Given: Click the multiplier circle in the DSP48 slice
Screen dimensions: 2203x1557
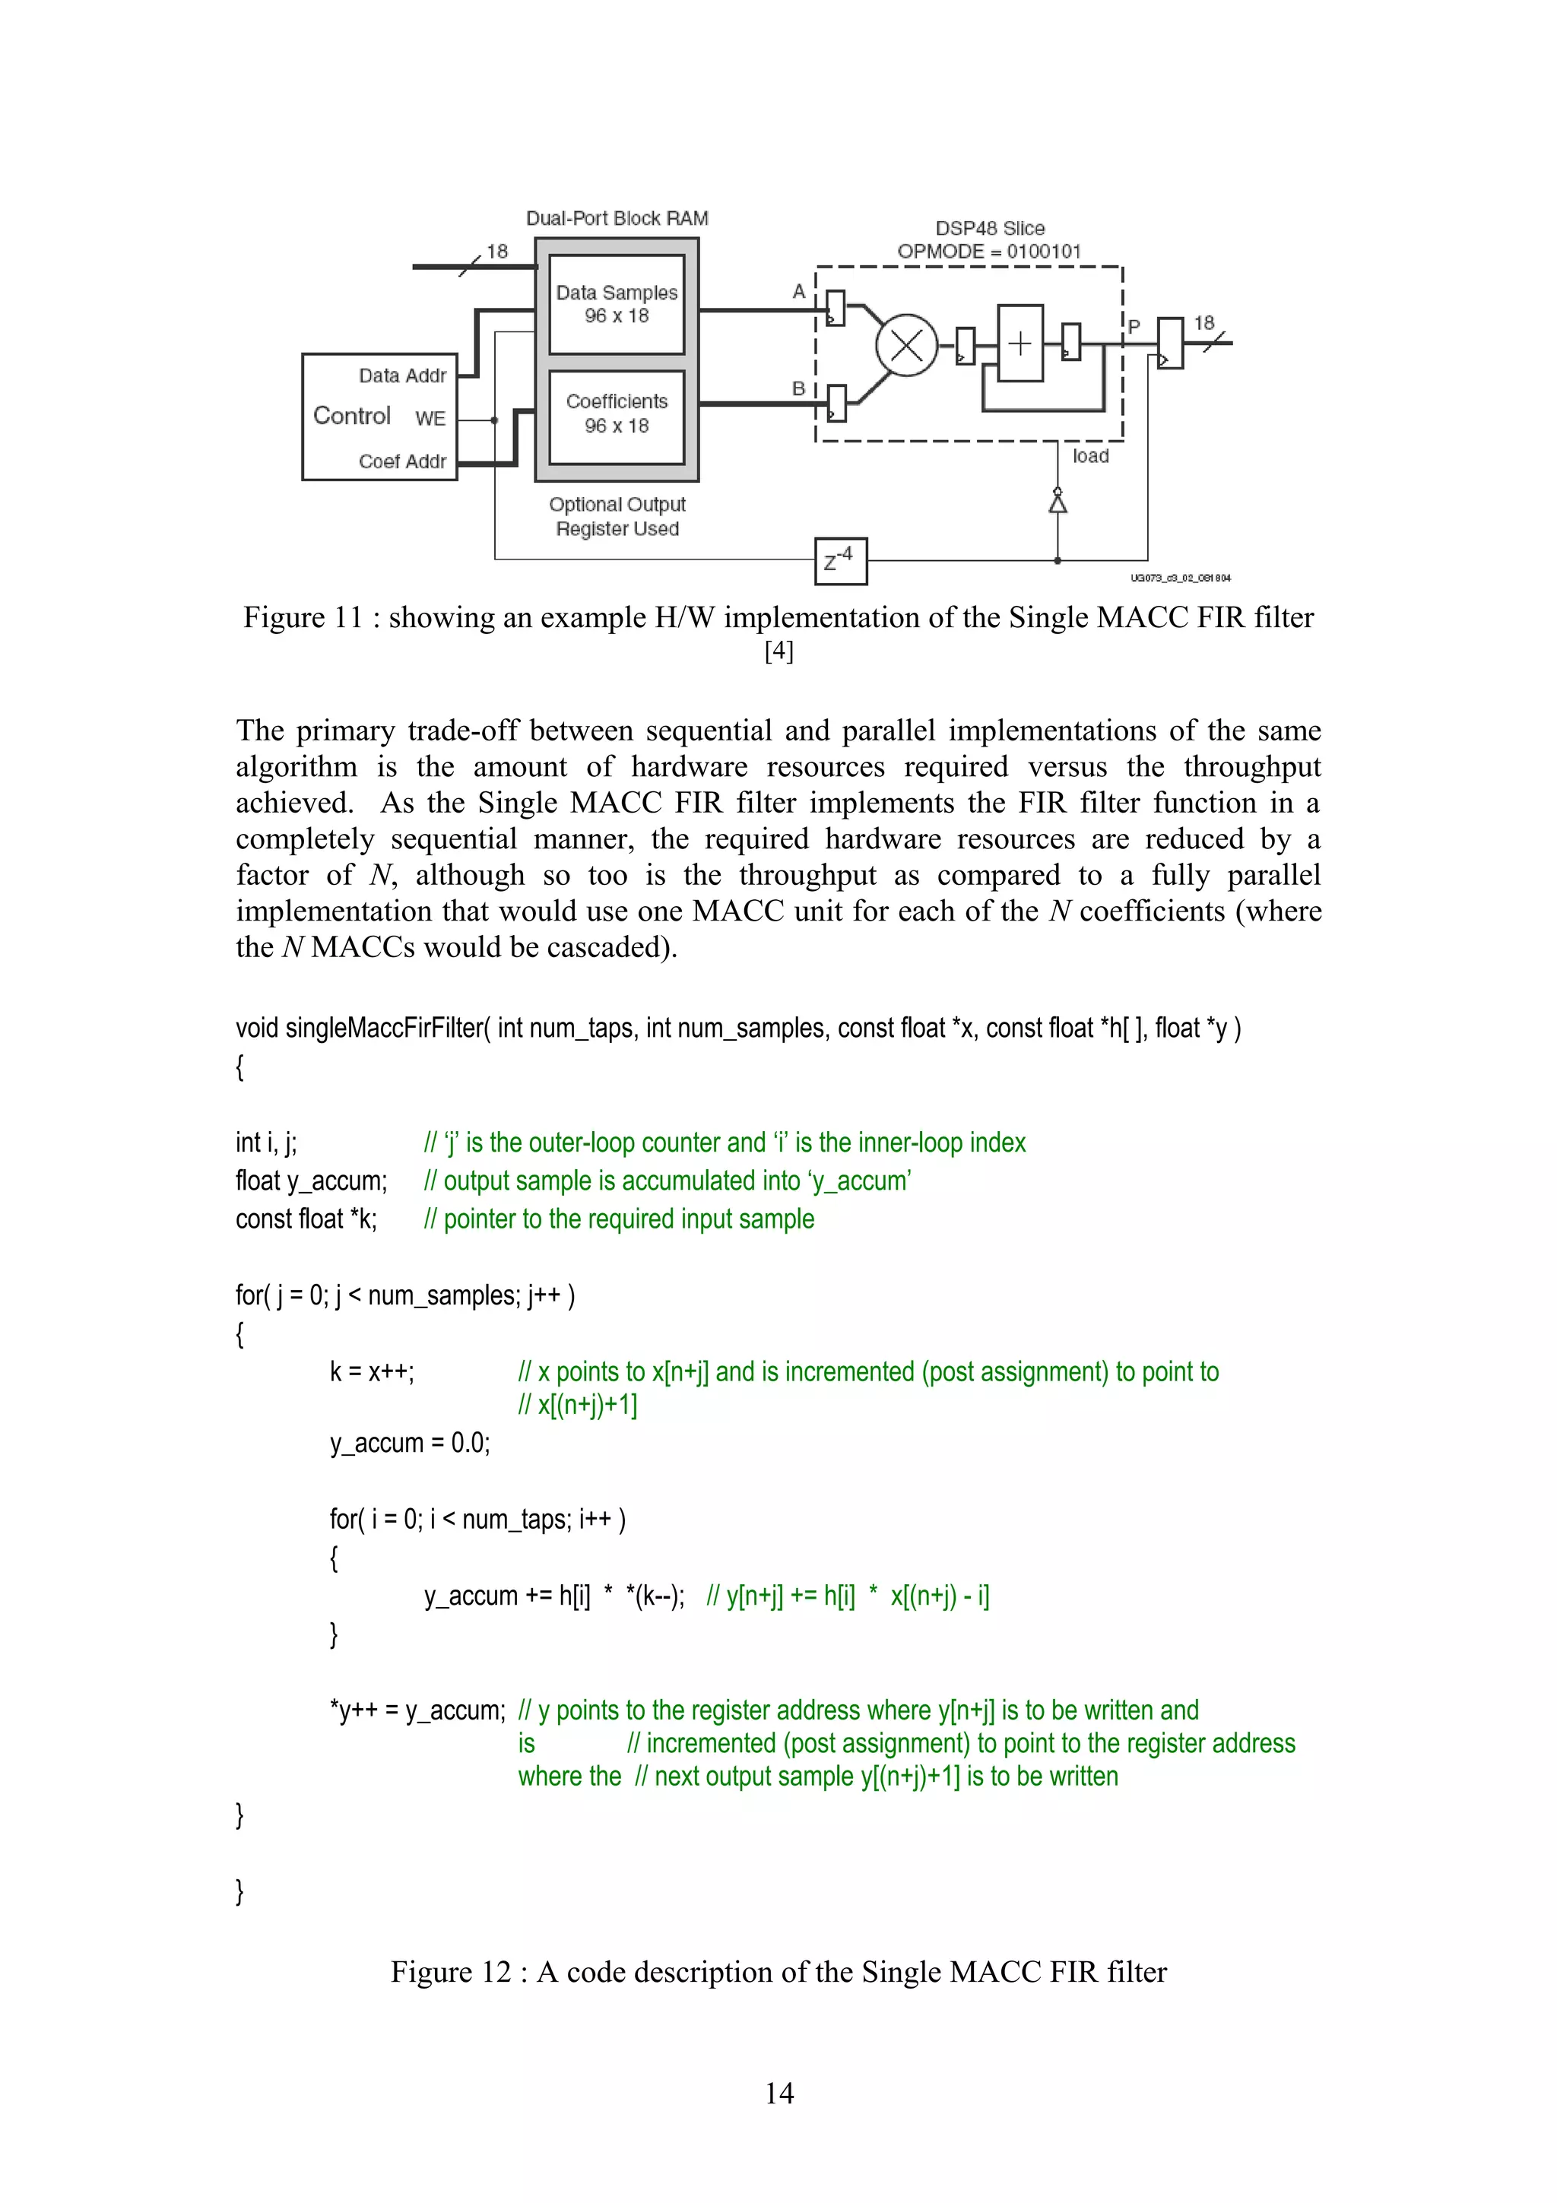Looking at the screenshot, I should coord(905,345).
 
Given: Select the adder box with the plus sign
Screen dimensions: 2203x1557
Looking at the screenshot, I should coord(1020,344).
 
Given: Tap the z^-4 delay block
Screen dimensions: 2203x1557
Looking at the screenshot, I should coord(840,560).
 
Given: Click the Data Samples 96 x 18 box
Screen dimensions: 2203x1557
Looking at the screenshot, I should coord(617,304).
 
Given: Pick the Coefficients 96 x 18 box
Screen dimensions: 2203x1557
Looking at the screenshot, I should coord(617,414).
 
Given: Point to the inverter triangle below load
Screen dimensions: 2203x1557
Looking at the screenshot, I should coord(1058,502).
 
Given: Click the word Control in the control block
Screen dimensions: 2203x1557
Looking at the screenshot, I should coord(352,417).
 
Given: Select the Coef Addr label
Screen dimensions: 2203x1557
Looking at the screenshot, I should coord(402,461).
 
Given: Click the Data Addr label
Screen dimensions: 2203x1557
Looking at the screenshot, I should coord(402,376).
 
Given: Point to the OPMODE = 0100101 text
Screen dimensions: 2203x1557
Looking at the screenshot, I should coord(989,252).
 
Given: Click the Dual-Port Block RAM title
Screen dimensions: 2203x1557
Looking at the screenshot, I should coord(617,219).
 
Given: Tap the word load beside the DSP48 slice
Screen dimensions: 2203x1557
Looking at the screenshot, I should coord(1091,457).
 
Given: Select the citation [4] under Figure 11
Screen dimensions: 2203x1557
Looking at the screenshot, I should coord(779,651).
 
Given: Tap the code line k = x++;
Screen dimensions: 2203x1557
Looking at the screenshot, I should coord(371,1372).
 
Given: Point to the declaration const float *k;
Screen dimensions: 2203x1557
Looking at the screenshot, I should coord(306,1219).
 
